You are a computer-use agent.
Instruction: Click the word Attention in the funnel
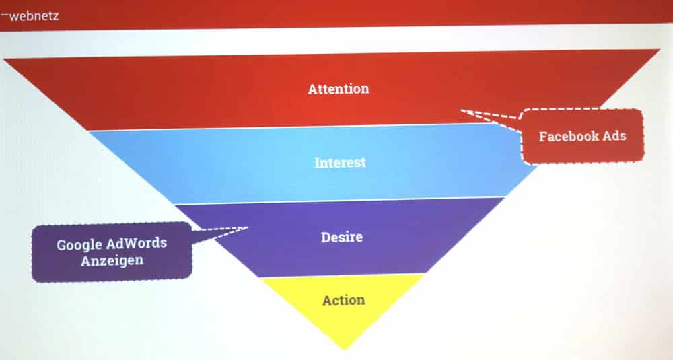pos(339,89)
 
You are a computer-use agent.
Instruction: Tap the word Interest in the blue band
pos(340,163)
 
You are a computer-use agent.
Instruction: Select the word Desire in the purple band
pos(342,237)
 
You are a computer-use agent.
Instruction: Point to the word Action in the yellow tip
pos(344,300)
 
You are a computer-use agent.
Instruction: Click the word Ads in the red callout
pos(615,136)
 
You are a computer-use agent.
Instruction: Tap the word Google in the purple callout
pos(79,245)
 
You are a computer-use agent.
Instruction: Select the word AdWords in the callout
pos(136,243)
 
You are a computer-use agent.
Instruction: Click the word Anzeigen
pos(112,260)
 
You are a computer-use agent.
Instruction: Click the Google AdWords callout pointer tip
pos(248,228)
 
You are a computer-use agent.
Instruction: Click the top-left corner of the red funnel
pos(3,59)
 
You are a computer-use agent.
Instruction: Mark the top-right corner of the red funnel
pos(660,49)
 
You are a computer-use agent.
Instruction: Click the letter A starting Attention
pos(312,89)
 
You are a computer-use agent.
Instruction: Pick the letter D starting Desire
pos(325,238)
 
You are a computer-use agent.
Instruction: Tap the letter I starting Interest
pos(318,163)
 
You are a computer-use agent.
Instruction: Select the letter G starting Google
pos(61,246)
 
